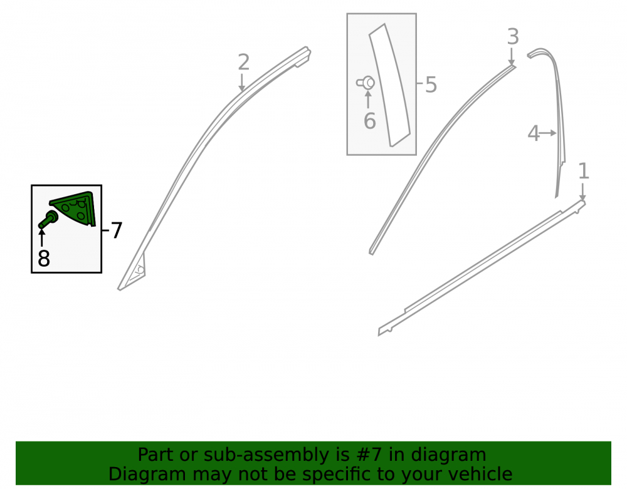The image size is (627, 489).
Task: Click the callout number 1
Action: pos(583,172)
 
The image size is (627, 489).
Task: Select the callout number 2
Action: pos(243,62)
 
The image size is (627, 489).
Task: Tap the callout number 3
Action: pos(513,37)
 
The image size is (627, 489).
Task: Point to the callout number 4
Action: pos(534,133)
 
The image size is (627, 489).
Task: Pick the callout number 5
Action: pos(431,85)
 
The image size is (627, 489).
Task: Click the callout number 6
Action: pos(369,121)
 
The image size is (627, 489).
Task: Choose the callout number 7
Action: pos(116,230)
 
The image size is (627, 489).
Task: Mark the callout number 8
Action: pos(44,258)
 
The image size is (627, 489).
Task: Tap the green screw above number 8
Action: pos(48,220)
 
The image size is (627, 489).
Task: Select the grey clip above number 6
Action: pos(366,83)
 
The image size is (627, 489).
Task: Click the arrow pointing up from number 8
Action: pos(41,237)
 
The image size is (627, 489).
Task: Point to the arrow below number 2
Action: pos(241,83)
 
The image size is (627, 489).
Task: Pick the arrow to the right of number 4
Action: pos(548,133)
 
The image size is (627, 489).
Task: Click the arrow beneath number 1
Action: pos(582,192)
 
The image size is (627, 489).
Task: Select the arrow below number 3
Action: pos(512,56)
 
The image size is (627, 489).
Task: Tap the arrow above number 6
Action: pos(368,100)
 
